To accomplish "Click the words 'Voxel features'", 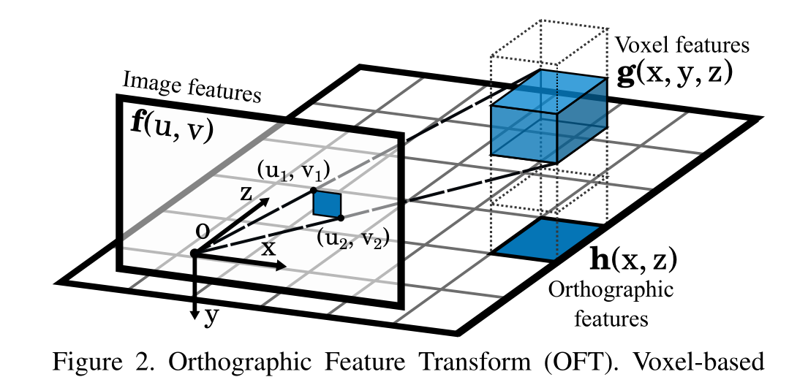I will pos(682,45).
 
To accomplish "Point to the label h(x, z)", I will pos(633,259).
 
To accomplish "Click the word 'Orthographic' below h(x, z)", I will pos(611,290).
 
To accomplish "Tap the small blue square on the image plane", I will pos(328,204).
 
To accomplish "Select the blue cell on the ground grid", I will pos(547,240).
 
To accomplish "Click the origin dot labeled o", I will pos(195,253).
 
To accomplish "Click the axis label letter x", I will pos(269,247).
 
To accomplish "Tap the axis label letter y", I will pos(213,316).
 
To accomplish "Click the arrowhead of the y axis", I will pos(195,313).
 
